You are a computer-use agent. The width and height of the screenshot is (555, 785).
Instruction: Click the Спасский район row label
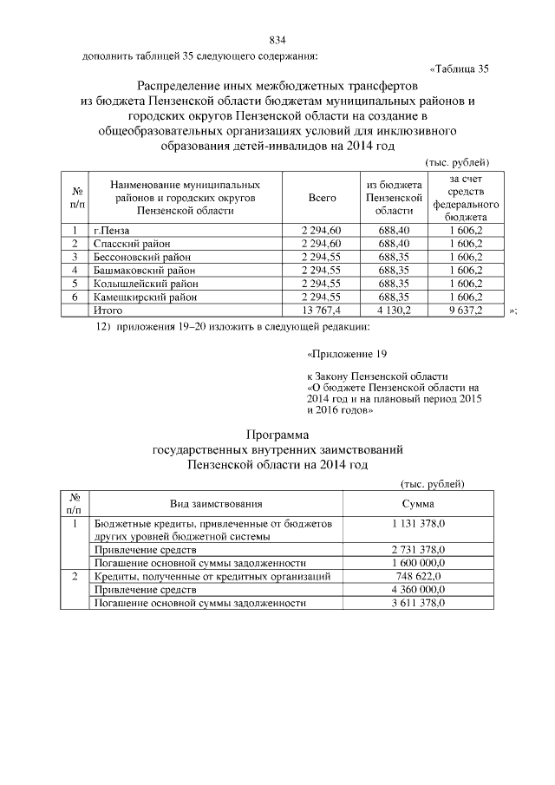click(131, 243)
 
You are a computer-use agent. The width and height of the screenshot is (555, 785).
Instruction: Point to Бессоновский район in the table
click(140, 257)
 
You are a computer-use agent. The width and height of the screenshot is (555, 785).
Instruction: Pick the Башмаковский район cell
click(140, 270)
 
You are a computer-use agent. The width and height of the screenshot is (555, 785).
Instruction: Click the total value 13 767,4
click(322, 310)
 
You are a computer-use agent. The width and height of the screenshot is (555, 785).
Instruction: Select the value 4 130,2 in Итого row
click(393, 310)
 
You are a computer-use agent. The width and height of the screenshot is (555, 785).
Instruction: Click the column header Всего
click(322, 199)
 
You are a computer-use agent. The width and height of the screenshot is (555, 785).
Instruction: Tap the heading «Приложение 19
click(342, 354)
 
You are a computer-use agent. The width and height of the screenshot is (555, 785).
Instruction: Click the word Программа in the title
click(277, 434)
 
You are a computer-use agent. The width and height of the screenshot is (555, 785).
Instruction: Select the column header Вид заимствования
click(215, 504)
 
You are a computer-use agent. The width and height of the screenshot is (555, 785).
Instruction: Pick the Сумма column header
click(418, 504)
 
